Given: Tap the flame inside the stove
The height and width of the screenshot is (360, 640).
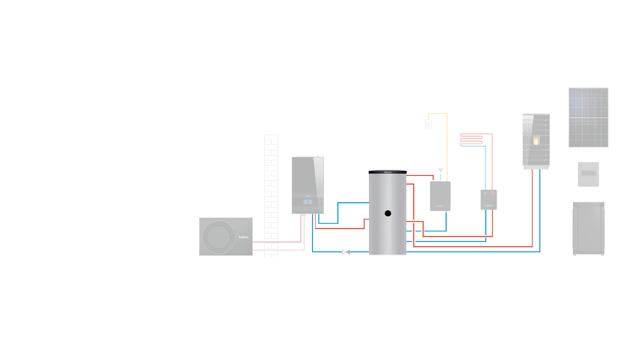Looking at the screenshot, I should click(536, 140).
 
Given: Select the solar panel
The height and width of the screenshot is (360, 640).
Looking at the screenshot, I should click(588, 117).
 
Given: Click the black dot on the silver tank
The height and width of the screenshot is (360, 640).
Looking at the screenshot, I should click(388, 213).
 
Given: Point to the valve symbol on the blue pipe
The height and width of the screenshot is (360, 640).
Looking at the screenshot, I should click(346, 252).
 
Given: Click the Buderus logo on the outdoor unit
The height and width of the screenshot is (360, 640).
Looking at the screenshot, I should click(244, 237).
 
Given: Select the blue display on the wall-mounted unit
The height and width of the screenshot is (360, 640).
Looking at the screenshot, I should click(308, 202).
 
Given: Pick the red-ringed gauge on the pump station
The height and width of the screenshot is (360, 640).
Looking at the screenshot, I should click(492, 193).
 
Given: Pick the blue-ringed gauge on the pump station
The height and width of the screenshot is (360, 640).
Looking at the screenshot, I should click(485, 193).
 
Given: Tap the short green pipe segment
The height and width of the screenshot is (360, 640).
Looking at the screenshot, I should click(440, 177).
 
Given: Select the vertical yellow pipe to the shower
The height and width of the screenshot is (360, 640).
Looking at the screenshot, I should click(447, 147).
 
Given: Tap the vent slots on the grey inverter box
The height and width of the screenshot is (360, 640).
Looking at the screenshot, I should click(588, 173).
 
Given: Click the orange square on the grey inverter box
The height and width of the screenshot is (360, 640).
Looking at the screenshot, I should click(580, 165).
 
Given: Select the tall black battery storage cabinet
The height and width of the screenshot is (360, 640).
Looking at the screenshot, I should click(589, 228).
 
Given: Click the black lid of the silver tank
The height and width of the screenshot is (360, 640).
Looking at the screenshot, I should click(388, 172).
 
